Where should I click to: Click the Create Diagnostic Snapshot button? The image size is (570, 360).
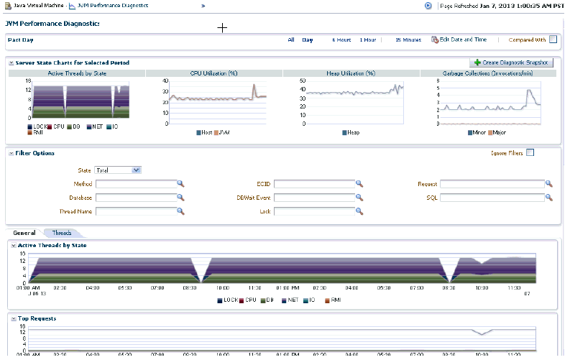click(511, 63)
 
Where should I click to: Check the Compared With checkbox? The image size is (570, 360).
click(553, 40)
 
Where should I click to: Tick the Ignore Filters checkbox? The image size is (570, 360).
click(530, 152)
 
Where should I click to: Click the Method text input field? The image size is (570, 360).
click(136, 184)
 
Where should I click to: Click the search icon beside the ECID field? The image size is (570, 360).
click(359, 184)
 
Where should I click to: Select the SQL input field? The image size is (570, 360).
click(492, 198)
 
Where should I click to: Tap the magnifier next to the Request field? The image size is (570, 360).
click(548, 184)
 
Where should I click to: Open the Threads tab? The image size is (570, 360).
click(62, 234)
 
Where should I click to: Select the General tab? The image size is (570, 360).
click(24, 234)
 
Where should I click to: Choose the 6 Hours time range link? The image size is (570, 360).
click(341, 40)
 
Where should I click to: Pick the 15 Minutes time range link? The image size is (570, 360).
click(408, 40)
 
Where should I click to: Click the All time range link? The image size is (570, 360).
click(291, 40)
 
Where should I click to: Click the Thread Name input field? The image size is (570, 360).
click(136, 211)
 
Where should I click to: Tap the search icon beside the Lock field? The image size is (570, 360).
click(359, 211)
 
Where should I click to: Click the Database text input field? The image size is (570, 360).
click(136, 198)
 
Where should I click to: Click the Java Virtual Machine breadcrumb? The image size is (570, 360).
click(36, 5)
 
